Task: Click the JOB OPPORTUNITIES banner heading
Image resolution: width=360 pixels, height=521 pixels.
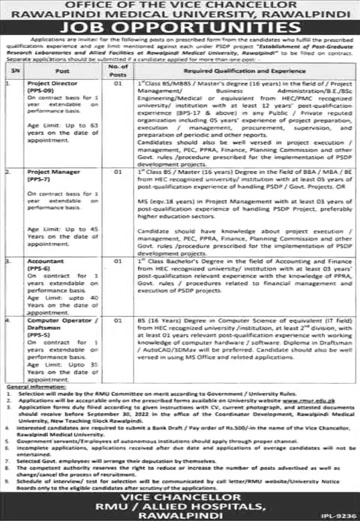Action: click(x=180, y=28)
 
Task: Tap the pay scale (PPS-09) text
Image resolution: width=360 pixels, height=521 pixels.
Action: click(x=40, y=91)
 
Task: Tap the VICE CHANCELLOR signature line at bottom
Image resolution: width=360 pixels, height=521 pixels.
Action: click(x=180, y=488)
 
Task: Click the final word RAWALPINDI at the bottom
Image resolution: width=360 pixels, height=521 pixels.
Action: click(x=180, y=509)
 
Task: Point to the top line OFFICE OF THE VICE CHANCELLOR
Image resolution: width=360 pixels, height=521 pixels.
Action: click(x=180, y=5)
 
